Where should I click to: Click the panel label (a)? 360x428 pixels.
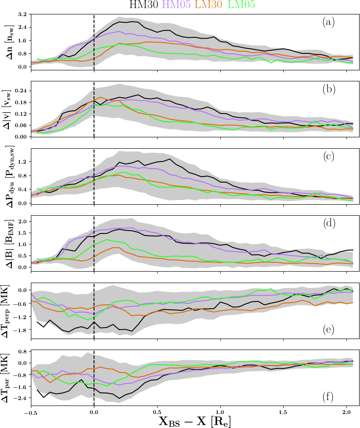tap(328, 22)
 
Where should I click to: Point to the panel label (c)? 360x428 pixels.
tap(328, 156)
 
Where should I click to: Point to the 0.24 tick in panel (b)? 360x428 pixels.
tap(20, 91)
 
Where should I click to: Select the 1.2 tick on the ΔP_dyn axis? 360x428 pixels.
tap(22, 161)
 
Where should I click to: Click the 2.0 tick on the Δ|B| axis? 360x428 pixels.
tap(22, 221)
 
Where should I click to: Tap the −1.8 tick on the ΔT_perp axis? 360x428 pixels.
tap(19, 330)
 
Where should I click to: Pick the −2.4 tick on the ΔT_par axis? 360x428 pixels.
tap(19, 398)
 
